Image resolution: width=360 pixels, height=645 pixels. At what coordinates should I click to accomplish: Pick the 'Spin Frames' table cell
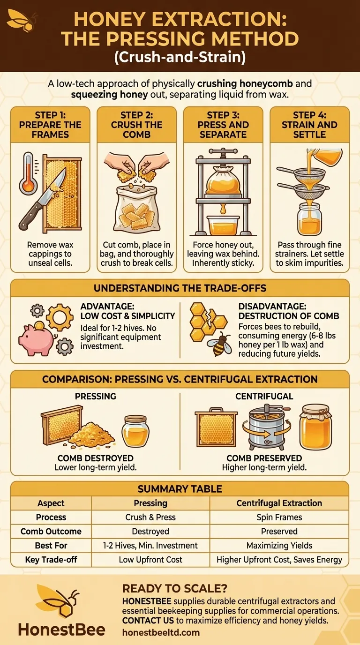279,517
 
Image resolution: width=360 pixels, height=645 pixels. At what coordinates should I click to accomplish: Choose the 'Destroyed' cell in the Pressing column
150,532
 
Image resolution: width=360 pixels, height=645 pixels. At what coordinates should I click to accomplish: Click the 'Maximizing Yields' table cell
279,546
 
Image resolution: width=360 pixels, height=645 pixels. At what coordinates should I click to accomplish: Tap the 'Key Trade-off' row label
51,560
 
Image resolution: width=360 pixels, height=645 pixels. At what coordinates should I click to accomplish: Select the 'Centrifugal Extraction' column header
279,503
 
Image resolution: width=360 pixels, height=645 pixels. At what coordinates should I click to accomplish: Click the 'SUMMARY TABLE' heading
180,489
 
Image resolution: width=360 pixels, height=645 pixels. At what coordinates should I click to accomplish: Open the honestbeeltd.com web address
161,632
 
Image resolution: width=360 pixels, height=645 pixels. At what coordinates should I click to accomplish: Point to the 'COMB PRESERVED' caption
264,458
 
